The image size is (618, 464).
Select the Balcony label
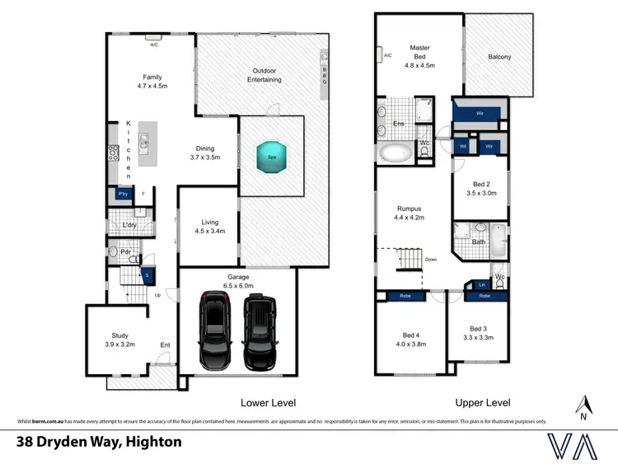click(x=499, y=57)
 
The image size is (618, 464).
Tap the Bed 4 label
click(x=410, y=339)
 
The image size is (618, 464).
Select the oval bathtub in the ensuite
click(x=397, y=152)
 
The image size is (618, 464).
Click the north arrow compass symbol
click(x=584, y=405)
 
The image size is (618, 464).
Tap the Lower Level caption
click(x=268, y=403)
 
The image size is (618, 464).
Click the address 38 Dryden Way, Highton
click(x=100, y=443)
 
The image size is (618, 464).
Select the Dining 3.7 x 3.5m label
click(x=204, y=152)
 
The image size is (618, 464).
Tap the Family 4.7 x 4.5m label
click(x=152, y=81)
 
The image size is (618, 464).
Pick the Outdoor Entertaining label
click(x=265, y=75)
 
